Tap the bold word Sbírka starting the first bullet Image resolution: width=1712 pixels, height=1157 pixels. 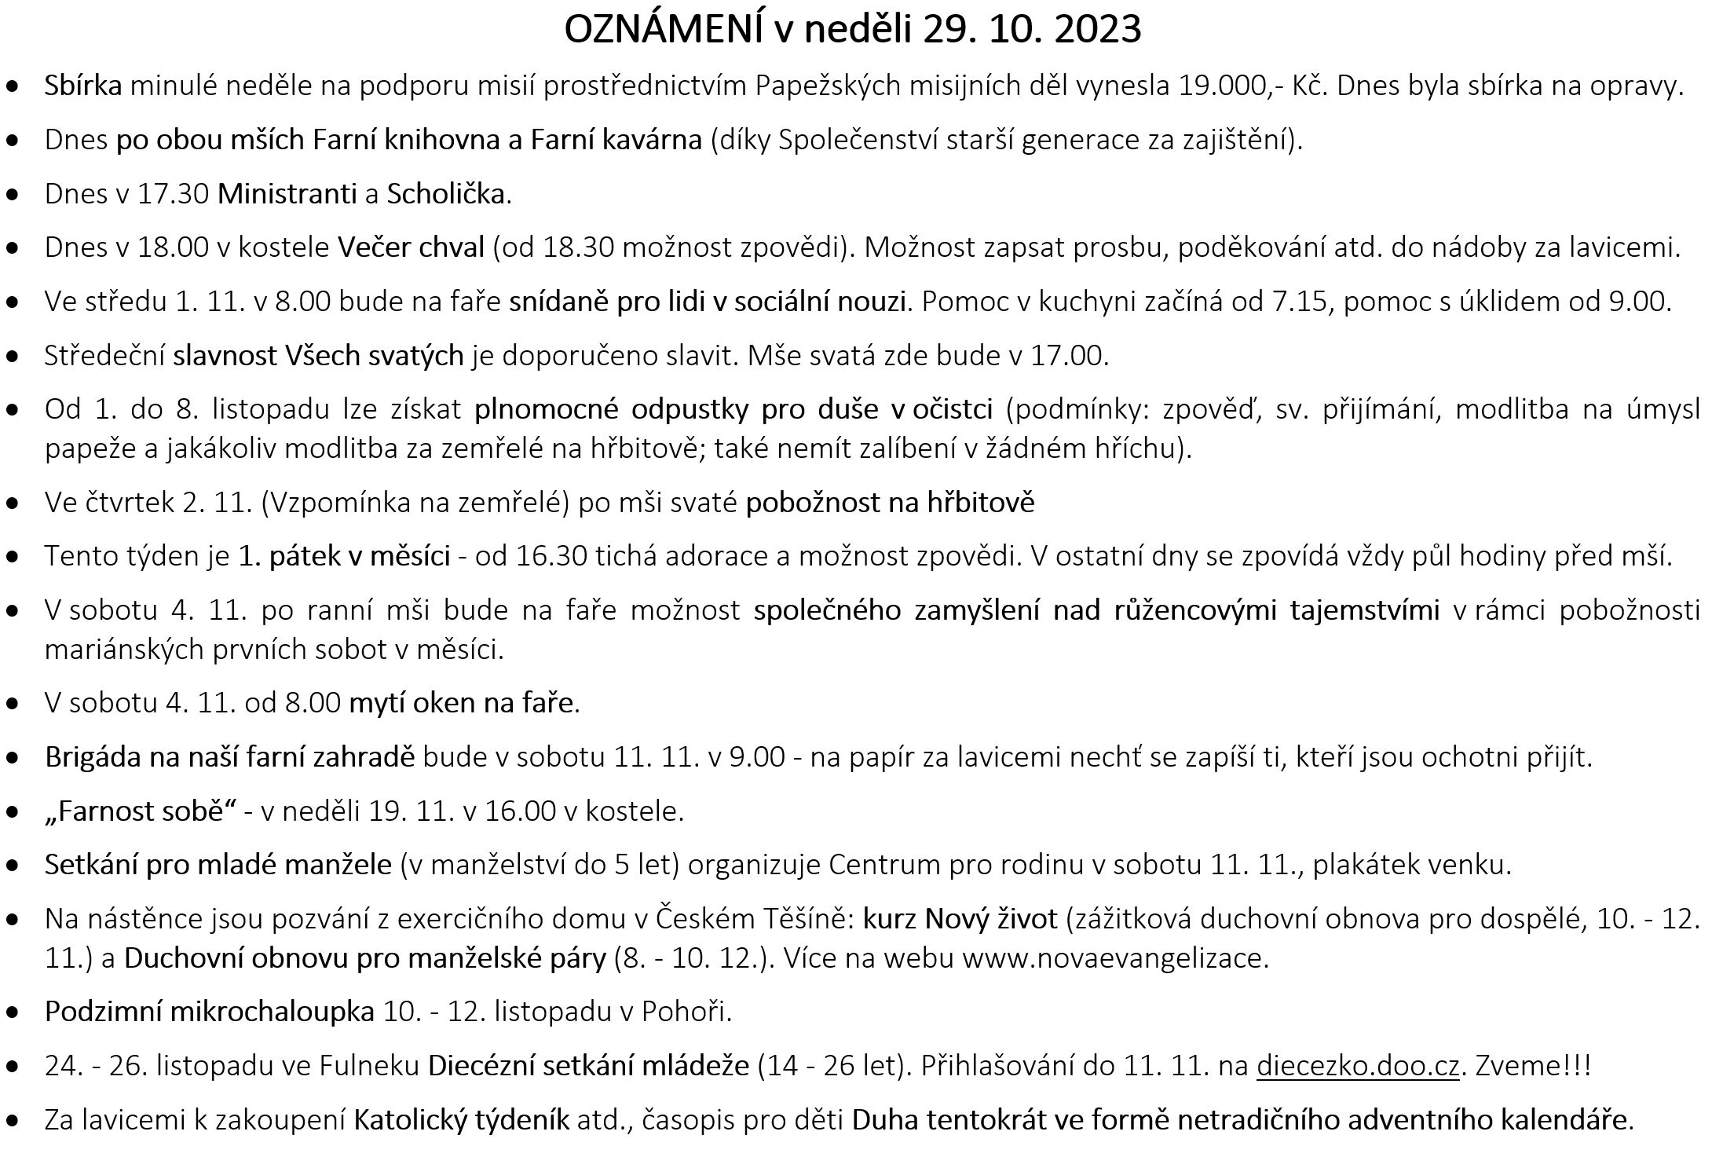tap(83, 86)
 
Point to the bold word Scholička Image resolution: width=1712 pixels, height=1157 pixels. tap(446, 193)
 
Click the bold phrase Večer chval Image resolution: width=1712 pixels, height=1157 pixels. tap(412, 247)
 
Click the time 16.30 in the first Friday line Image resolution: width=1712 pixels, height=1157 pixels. tap(552, 556)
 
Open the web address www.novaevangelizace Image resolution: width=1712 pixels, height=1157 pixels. tap(1115, 958)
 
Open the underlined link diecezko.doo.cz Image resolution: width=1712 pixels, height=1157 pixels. tap(1357, 1066)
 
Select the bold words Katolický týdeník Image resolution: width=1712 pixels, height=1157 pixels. tap(462, 1120)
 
